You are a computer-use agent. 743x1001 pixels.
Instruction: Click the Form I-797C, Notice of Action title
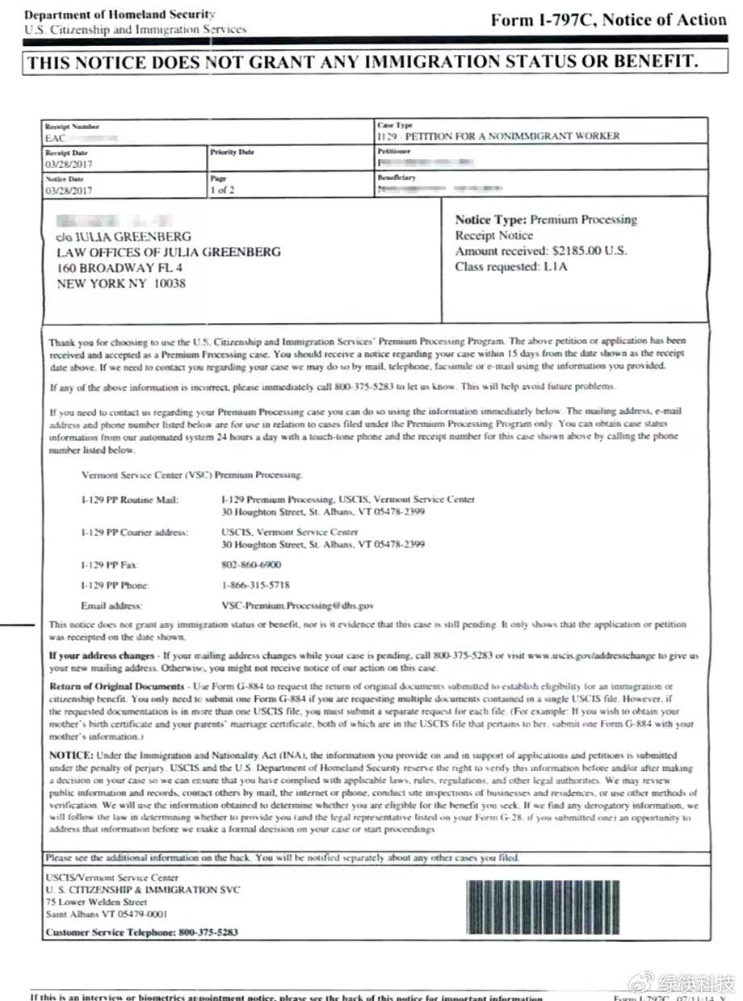(x=608, y=20)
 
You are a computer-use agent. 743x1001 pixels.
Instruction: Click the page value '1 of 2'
(x=222, y=191)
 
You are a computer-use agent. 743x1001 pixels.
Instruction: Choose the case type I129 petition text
(x=498, y=136)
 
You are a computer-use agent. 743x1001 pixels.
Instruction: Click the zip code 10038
(x=169, y=283)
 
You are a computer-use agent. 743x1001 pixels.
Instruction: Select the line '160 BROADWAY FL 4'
(x=120, y=268)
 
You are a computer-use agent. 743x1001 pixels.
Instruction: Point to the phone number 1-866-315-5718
(x=256, y=584)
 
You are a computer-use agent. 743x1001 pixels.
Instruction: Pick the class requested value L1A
(x=555, y=266)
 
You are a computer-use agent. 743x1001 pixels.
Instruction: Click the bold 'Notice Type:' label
(x=491, y=220)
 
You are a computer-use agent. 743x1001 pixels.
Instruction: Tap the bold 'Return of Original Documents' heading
(x=116, y=686)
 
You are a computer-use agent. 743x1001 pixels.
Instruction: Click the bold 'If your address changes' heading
(x=100, y=655)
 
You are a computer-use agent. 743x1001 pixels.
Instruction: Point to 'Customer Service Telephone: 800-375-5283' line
(x=141, y=932)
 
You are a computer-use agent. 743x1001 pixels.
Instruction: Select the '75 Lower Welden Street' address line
(x=96, y=902)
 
